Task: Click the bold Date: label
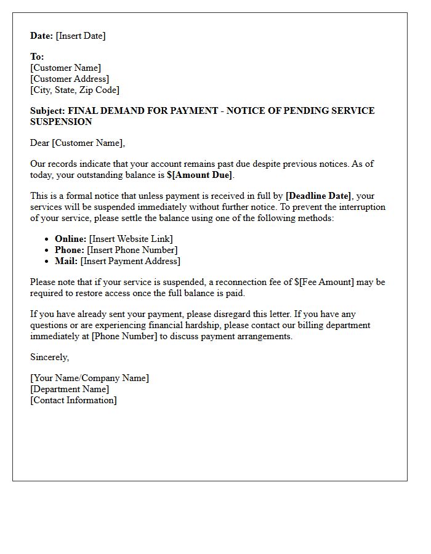pos(41,36)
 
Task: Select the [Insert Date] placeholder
pos(81,36)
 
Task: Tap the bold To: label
pos(37,57)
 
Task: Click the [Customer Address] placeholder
pos(70,79)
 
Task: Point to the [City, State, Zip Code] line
pos(75,90)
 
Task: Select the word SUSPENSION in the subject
pos(61,122)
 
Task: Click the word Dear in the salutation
pos(40,143)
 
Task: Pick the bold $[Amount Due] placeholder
pos(199,175)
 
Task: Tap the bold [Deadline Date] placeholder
pos(318,196)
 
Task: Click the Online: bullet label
pos(70,239)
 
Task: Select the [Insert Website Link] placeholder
pos(131,239)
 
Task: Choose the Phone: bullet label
pos(70,250)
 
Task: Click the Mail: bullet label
pos(66,261)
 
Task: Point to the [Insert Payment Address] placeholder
pos(131,261)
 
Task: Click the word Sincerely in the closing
pos(49,357)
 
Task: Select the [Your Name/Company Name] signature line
pos(89,378)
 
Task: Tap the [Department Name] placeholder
pos(70,389)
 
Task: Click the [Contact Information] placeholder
pos(73,400)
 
